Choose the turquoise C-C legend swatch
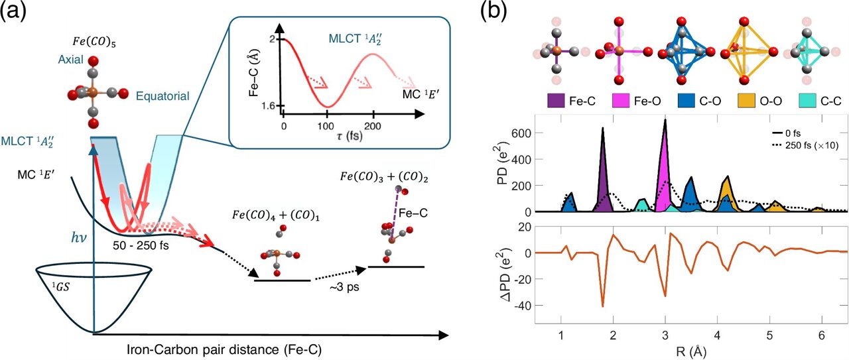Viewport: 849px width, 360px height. [x=793, y=101]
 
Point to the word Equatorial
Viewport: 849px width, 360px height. [x=163, y=96]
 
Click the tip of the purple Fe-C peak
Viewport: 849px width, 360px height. [x=603, y=128]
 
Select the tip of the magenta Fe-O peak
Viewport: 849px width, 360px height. [x=665, y=120]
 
